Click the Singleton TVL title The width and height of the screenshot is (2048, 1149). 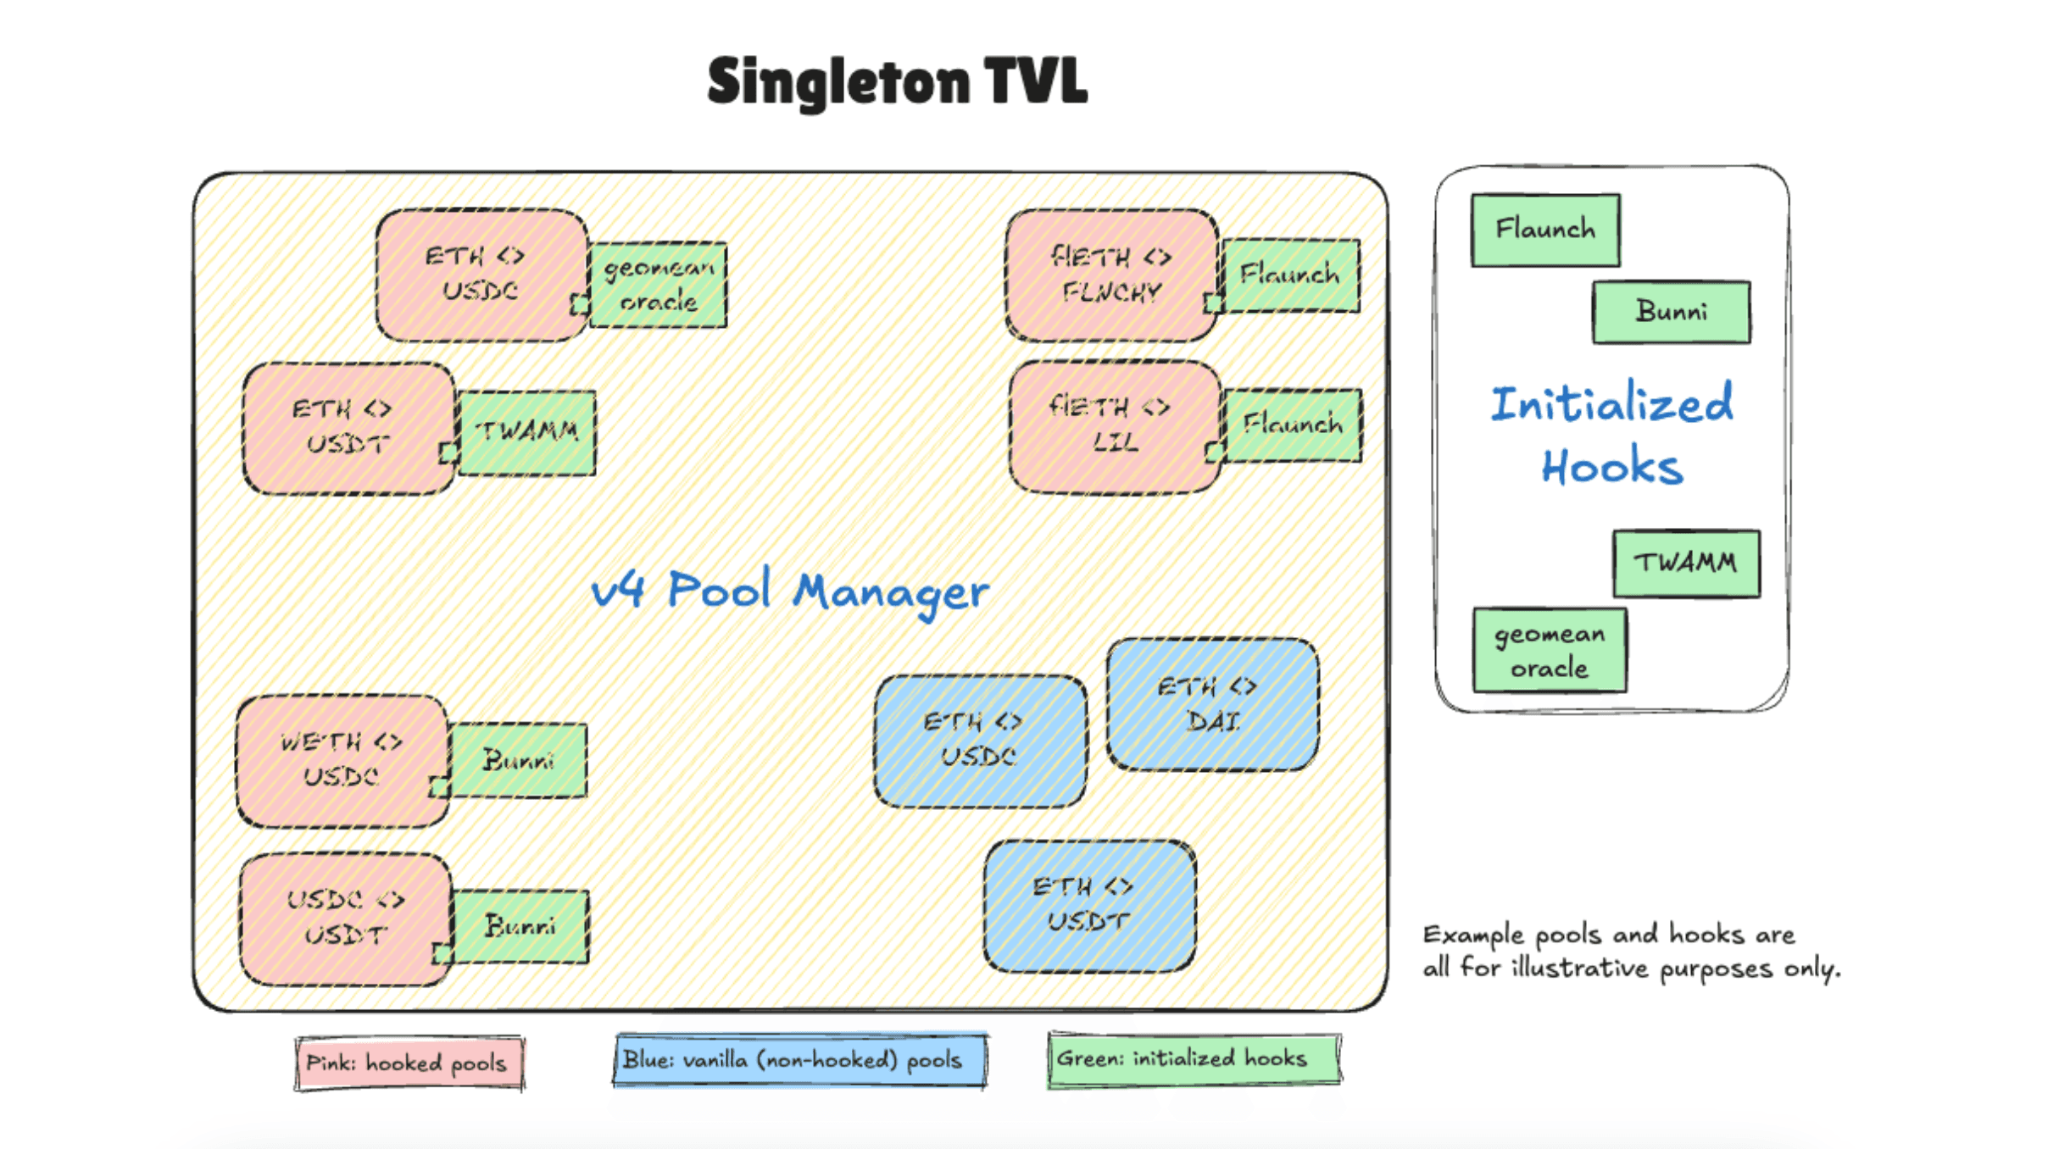pyautogui.click(x=897, y=81)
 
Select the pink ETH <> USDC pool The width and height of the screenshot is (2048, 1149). pyautogui.click(x=481, y=274)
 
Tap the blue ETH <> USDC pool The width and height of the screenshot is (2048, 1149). pyautogui.click(x=979, y=740)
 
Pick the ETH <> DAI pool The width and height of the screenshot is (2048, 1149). pyautogui.click(x=1211, y=704)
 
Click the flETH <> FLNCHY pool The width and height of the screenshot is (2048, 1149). pyautogui.click(x=1111, y=275)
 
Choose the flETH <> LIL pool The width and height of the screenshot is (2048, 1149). pyautogui.click(x=1114, y=426)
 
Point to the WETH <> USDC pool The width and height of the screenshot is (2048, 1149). pyautogui.click(x=342, y=760)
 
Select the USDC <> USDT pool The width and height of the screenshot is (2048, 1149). pyautogui.click(x=344, y=919)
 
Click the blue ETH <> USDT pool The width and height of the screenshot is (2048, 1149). pyautogui.click(x=1089, y=905)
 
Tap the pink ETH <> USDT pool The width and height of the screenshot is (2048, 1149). pyautogui.click(x=348, y=428)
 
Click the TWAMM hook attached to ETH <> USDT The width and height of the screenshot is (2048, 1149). pyautogui.click(x=527, y=432)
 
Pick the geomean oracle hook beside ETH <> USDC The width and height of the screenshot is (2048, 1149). pyautogui.click(x=659, y=285)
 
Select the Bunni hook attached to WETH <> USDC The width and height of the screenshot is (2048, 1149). pyautogui.click(x=518, y=760)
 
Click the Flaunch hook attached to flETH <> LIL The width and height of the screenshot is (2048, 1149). pyautogui.click(x=1293, y=425)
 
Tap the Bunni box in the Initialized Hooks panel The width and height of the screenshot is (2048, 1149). pyautogui.click(x=1671, y=312)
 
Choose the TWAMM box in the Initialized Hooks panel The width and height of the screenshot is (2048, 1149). pyautogui.click(x=1685, y=563)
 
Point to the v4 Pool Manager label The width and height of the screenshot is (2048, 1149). pyautogui.click(x=789, y=591)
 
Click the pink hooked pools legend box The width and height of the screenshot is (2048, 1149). pyautogui.click(x=409, y=1063)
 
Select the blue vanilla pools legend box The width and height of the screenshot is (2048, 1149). pyautogui.click(x=799, y=1059)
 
